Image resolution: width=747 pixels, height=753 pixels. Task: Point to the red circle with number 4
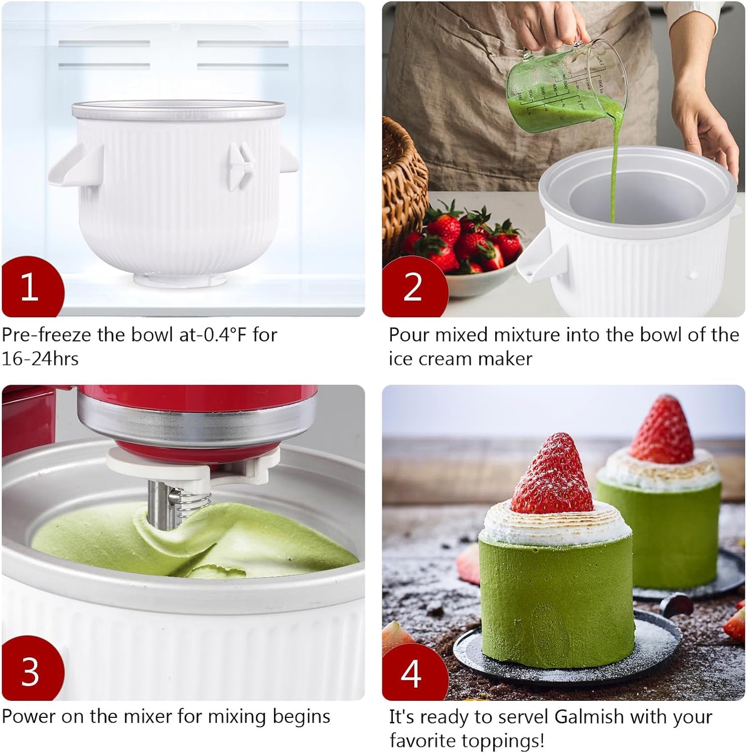click(412, 672)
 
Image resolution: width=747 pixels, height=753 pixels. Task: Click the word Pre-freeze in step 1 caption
click(47, 335)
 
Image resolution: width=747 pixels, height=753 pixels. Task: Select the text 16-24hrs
click(40, 358)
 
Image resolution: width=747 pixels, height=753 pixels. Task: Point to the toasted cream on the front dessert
click(556, 525)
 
